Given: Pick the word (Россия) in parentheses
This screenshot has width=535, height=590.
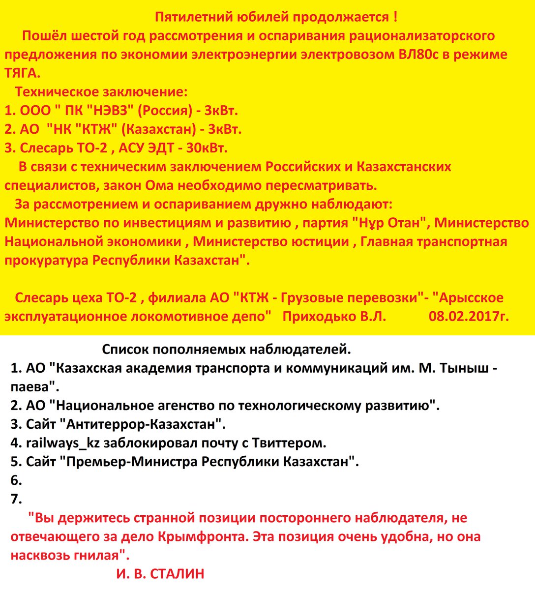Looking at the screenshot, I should pos(164,111).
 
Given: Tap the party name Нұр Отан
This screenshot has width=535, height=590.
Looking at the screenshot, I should pos(388,223).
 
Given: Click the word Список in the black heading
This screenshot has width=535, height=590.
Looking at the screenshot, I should pos(126,350).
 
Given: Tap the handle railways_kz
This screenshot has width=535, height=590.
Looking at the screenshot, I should pos(63,443).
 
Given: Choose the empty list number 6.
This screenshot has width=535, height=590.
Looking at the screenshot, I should pos(16,480).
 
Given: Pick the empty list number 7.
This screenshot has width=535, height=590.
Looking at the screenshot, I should pos(16,499).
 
